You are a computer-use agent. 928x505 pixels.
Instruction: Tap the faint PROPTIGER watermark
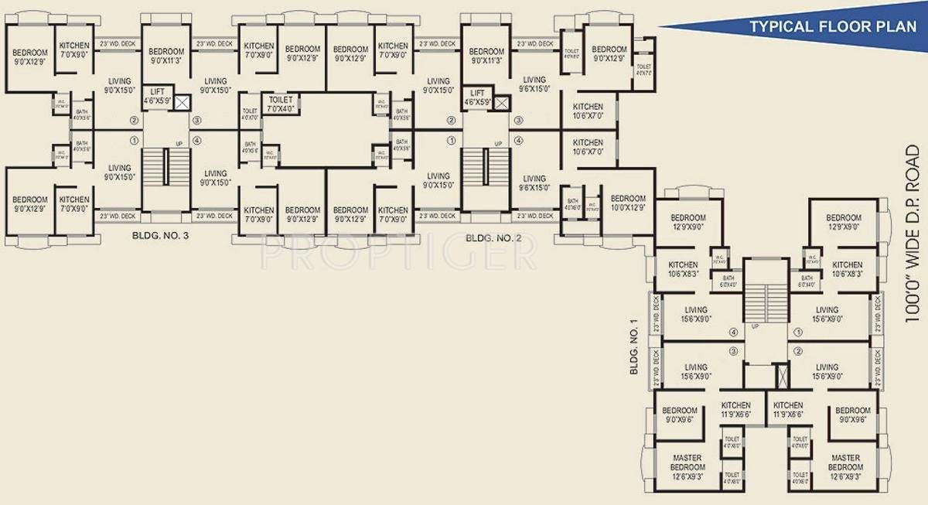398,255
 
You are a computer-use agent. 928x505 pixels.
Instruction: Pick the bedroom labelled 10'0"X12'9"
627,203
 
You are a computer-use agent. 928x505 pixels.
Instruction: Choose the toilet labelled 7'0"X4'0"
280,104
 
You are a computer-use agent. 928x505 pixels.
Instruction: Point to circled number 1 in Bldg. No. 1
797,333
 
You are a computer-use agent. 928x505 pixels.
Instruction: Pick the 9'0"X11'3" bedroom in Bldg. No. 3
165,55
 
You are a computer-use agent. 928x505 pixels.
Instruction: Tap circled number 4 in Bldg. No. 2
518,140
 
